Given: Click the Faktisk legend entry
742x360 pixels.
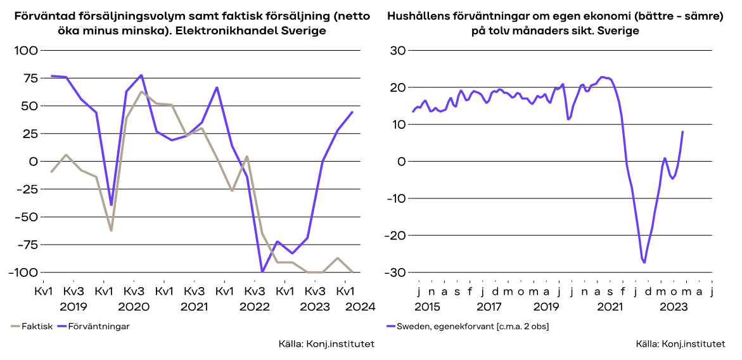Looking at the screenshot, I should click(x=32, y=326).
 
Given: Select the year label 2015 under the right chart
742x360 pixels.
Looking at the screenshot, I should click(x=428, y=305).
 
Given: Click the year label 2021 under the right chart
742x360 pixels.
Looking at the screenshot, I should click(x=609, y=305).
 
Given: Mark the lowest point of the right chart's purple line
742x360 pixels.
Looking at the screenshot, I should click(x=644, y=262).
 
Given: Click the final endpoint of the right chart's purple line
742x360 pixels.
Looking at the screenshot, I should click(x=682, y=131).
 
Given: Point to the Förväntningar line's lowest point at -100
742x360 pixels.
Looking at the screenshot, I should click(x=262, y=272).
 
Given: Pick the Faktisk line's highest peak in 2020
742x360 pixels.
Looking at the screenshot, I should click(x=141, y=92).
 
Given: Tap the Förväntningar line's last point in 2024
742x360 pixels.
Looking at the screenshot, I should click(x=353, y=112).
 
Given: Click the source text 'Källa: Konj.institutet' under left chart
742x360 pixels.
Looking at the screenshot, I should click(x=326, y=344).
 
